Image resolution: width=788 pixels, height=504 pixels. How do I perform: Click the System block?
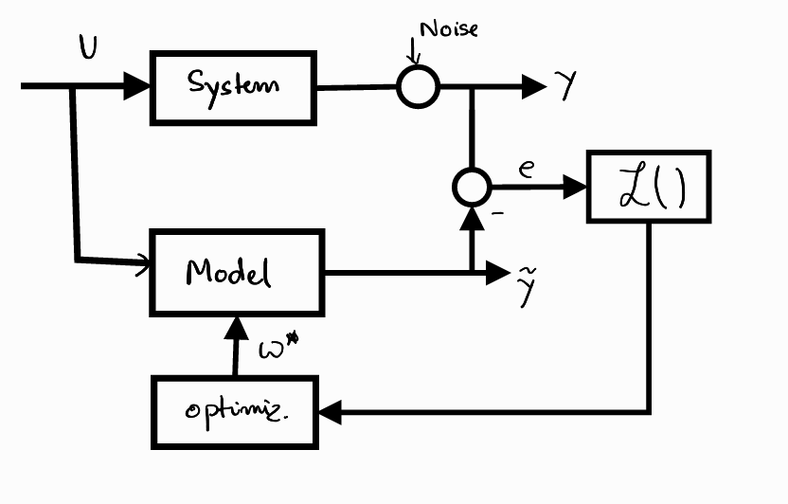click(233, 86)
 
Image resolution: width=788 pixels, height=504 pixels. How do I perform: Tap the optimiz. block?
click(234, 412)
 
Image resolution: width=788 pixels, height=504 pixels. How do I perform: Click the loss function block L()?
click(649, 187)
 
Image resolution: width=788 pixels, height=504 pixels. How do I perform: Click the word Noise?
click(449, 28)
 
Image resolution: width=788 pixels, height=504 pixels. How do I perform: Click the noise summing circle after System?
click(418, 87)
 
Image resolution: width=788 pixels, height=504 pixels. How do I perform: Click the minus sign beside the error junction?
click(496, 213)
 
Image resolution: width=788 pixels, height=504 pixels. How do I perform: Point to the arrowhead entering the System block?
click(139, 86)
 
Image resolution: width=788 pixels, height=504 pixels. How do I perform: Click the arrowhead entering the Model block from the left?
click(143, 258)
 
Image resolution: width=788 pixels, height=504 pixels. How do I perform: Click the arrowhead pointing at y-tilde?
click(499, 274)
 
